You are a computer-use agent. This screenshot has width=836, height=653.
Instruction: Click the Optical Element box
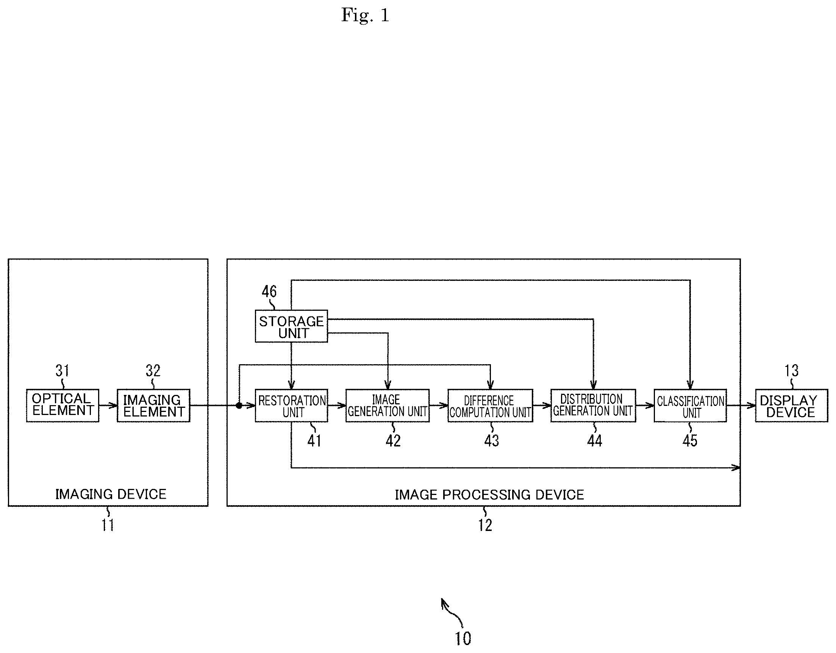(63, 406)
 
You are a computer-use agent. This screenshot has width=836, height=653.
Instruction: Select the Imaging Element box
(153, 406)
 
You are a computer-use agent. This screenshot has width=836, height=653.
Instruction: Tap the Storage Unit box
(291, 326)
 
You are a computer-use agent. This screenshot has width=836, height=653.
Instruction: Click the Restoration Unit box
(291, 406)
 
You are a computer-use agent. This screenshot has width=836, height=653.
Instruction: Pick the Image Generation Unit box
(388, 406)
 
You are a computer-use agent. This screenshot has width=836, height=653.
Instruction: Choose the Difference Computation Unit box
(490, 406)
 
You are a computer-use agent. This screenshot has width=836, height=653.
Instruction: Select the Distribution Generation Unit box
(593, 406)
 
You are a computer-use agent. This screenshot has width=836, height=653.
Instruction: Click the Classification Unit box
(690, 406)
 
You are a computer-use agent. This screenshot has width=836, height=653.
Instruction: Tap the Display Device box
(791, 406)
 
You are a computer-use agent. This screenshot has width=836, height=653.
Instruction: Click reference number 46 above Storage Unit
(269, 291)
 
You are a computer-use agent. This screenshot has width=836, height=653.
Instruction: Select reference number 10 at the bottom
(463, 639)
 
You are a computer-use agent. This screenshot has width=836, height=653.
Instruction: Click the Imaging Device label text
(111, 494)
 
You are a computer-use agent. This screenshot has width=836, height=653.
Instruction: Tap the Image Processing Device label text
(489, 495)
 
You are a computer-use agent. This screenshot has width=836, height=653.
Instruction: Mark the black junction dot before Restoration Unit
(239, 406)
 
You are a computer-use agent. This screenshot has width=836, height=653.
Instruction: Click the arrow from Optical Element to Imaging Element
(108, 406)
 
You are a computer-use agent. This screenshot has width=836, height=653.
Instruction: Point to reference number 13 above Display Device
(792, 370)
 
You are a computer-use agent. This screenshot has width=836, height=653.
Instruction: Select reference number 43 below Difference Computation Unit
(492, 441)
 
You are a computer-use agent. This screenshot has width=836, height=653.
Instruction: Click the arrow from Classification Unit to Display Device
(741, 406)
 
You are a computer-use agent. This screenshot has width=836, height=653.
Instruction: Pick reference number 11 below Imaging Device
(108, 525)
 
